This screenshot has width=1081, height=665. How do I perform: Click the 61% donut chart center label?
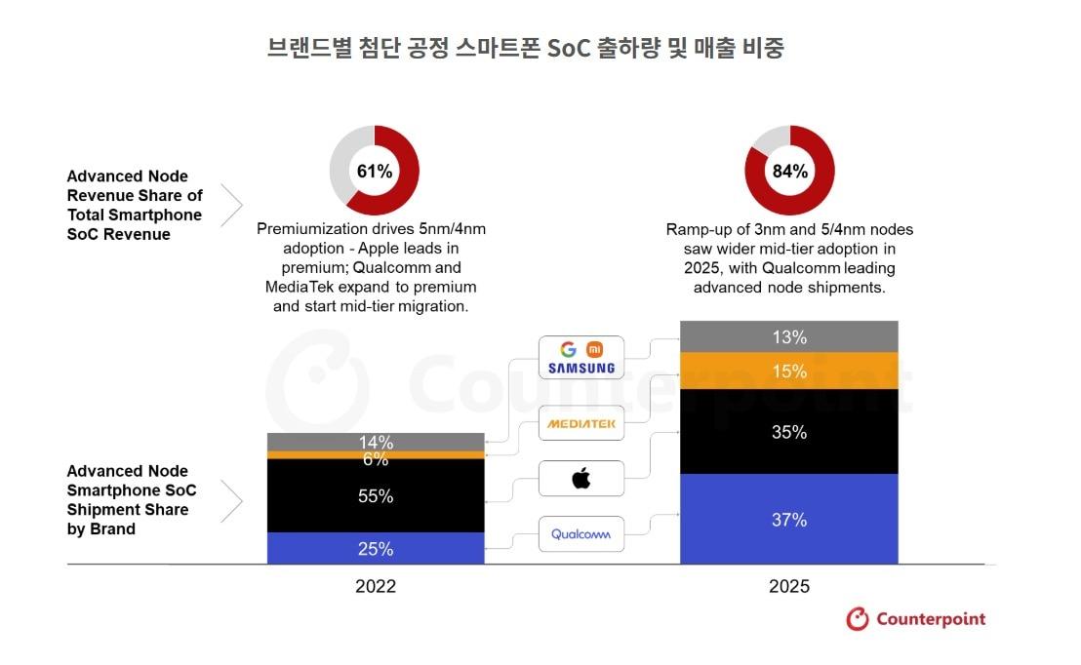pos(375,172)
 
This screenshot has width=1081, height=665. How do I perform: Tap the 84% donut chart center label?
pos(789,172)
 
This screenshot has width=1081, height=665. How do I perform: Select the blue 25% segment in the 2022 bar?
pos(376,549)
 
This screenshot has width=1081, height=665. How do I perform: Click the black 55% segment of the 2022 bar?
pos(376,496)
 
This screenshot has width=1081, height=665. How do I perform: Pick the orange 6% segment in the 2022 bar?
pos(376,455)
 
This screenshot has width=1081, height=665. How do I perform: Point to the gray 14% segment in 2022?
pos(376,442)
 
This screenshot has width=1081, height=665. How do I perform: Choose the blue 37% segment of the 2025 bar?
pos(788,520)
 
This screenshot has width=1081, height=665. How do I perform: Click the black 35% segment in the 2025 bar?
pos(788,432)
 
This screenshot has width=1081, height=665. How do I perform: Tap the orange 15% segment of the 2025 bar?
pos(788,372)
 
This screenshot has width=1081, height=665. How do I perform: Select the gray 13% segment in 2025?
pos(788,337)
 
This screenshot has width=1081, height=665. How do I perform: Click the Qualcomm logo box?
pos(581,534)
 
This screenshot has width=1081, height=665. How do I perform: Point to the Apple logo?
pos(581,479)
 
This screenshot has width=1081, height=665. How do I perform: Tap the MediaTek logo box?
pos(581,423)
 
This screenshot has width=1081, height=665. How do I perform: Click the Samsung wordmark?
pos(581,369)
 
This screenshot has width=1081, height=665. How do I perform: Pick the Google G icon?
pos(569,349)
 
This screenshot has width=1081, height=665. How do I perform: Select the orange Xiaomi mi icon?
pos(593,349)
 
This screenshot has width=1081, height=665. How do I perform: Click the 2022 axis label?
pos(376,587)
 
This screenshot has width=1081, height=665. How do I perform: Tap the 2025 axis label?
pos(788,587)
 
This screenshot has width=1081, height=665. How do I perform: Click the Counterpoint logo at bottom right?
pos(915,619)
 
